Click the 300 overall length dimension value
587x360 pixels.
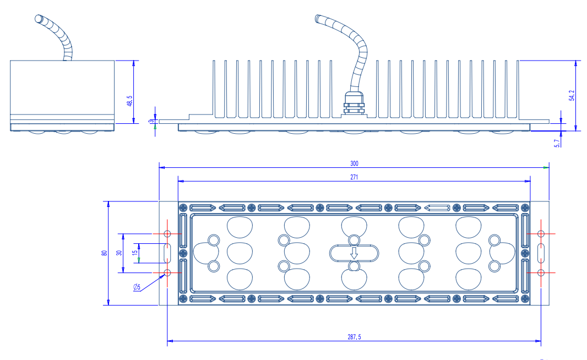pos(354,163)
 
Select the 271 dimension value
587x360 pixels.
pos(354,177)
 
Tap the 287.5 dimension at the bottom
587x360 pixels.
pos(354,337)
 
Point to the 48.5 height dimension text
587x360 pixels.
pos(129,101)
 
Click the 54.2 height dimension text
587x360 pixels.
pos(572,95)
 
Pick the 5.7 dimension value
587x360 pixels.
pos(557,143)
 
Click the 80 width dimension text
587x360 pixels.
pos(105,253)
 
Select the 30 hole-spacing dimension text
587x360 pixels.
pos(119,253)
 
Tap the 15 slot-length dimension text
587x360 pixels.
pos(135,253)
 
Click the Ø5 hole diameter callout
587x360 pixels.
pos(137,287)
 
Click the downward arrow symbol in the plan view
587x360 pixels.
pos(354,253)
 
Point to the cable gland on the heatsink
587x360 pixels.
pos(354,103)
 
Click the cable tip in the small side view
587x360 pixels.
pos(39,19)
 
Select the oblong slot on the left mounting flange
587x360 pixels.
pos(167,253)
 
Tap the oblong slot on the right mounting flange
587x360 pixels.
pos(541,253)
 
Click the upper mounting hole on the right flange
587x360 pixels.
pos(541,234)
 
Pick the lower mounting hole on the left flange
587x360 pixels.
pos(167,273)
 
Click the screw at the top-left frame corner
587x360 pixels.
pos(183,208)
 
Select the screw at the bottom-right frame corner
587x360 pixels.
pos(525,299)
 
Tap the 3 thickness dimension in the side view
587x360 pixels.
pos(151,121)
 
